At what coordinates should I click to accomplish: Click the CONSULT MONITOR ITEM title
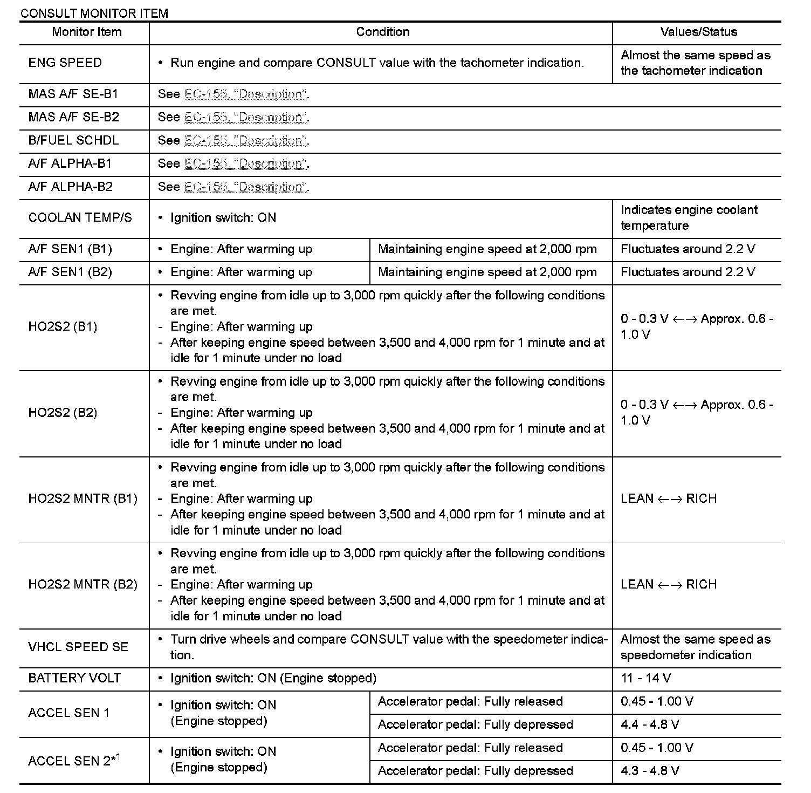pyautogui.click(x=94, y=13)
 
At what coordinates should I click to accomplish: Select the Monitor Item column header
pyautogui.click(x=86, y=32)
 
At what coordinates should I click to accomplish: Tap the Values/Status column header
pyautogui.click(x=698, y=32)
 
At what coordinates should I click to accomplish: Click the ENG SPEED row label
pyautogui.click(x=65, y=63)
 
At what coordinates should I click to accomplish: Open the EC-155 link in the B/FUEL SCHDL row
pyautogui.click(x=246, y=141)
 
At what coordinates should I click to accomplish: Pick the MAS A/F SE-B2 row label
pyautogui.click(x=74, y=117)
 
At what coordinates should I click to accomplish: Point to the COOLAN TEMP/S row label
pyautogui.click(x=80, y=217)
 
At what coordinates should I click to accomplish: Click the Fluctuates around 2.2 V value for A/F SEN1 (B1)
pyautogui.click(x=688, y=249)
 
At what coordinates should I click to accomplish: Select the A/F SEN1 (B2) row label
pyautogui.click(x=70, y=272)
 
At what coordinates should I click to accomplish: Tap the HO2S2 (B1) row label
pyautogui.click(x=63, y=326)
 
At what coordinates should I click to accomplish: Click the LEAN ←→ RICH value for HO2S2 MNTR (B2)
pyautogui.click(x=669, y=584)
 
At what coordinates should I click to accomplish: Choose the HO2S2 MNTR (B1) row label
pyautogui.click(x=83, y=498)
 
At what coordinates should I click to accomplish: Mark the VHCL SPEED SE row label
pyautogui.click(x=78, y=647)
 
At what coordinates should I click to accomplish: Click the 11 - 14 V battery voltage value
pyautogui.click(x=645, y=678)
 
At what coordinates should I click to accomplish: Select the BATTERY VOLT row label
pyautogui.click(x=74, y=678)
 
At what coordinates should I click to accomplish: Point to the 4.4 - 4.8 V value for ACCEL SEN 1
pyautogui.click(x=650, y=724)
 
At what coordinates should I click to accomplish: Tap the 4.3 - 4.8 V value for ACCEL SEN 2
pyautogui.click(x=650, y=771)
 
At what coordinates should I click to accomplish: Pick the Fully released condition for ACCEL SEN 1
pyautogui.click(x=470, y=701)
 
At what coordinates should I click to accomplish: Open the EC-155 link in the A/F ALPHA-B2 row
pyautogui.click(x=246, y=187)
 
